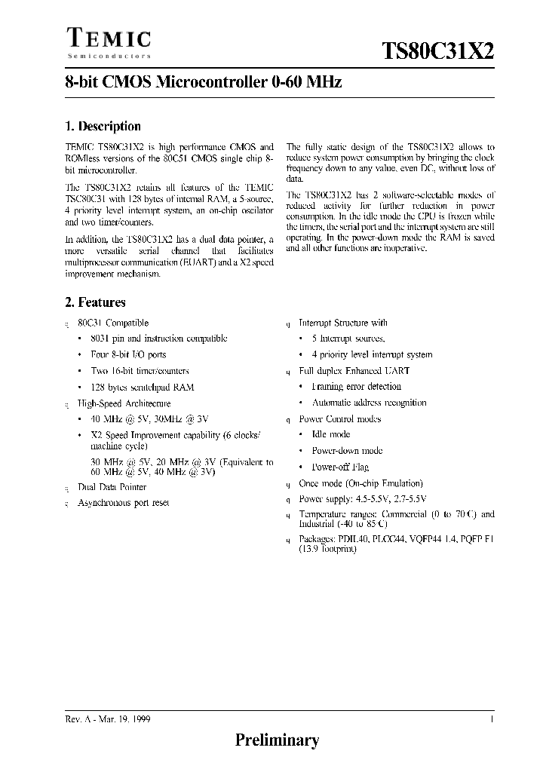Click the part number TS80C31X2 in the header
click(438, 51)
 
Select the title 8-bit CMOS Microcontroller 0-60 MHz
click(204, 83)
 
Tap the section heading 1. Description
click(103, 126)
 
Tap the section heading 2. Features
click(95, 302)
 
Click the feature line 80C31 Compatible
click(113, 323)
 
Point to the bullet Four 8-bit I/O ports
click(128, 354)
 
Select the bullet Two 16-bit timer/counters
click(140, 371)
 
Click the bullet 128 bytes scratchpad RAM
click(142, 387)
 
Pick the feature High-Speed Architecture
click(124, 403)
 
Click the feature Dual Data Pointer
click(112, 487)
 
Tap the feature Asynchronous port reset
click(124, 503)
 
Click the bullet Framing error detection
click(356, 387)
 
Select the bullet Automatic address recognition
click(369, 403)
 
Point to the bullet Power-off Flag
click(342, 467)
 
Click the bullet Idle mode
click(330, 434)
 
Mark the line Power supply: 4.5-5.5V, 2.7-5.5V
click(362, 499)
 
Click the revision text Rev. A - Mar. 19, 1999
click(108, 720)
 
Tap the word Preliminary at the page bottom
click(277, 741)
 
